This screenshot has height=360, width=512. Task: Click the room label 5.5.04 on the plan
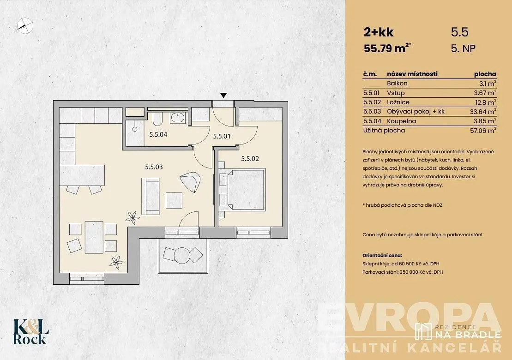pos(158,134)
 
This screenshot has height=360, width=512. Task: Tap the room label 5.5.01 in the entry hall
pos(222,136)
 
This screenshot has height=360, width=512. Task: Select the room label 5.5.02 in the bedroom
pos(250,159)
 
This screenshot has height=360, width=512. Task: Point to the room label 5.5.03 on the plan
pos(154,167)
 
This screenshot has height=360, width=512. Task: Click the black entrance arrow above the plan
pos(223,95)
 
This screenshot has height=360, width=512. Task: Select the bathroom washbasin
pos(178,118)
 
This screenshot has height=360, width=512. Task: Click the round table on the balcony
pos(182,255)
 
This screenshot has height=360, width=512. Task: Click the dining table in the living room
pos(94,237)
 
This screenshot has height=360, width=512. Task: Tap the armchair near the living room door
pos(191,181)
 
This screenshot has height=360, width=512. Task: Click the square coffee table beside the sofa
pos(174,200)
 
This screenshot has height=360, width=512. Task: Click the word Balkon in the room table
pos(397,83)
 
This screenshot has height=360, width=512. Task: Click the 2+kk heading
pos(379,32)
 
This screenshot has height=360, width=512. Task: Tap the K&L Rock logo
pos(31,331)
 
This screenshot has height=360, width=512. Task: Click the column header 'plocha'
pos(485,74)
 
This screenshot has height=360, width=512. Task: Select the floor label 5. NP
pos(463,48)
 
